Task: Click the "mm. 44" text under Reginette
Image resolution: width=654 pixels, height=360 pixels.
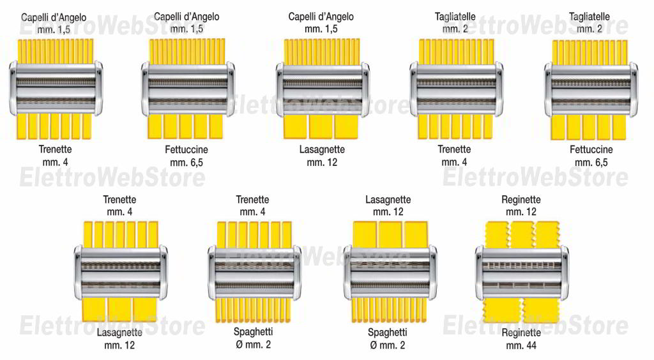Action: pos(521,345)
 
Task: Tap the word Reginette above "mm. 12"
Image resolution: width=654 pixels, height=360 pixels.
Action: pos(521,200)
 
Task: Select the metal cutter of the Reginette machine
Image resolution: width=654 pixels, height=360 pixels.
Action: pos(522,273)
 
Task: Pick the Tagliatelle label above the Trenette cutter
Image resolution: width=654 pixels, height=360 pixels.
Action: pos(455,17)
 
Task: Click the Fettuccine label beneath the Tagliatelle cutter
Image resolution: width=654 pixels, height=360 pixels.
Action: pos(591,149)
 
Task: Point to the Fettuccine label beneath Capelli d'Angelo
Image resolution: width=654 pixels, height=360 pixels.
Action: pos(186,149)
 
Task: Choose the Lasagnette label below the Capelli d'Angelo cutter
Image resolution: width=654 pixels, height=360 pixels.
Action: pos(322,149)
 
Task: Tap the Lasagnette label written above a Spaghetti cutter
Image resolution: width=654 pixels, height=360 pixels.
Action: pos(388,200)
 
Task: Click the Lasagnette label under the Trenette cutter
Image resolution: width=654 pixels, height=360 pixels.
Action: pos(119,333)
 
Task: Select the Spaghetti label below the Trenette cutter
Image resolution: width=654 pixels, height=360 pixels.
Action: pos(253,332)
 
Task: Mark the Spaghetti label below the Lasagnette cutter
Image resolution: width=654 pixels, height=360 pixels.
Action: pos(388,333)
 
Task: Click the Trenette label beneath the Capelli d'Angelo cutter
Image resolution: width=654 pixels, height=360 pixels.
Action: pos(55,149)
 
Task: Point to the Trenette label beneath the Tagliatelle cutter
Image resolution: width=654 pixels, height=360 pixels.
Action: pos(454,149)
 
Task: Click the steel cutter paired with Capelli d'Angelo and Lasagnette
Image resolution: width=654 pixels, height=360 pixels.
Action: pos(323,89)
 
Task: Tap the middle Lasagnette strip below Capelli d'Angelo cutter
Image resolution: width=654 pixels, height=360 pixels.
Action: pos(321,126)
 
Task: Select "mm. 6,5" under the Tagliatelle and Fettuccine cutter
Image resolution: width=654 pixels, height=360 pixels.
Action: pos(591,163)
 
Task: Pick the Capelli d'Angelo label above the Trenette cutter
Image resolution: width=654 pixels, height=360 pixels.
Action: pos(54,17)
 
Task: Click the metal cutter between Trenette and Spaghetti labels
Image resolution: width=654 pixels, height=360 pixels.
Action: pos(254,273)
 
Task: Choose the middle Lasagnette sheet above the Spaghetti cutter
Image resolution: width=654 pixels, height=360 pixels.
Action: pos(390,235)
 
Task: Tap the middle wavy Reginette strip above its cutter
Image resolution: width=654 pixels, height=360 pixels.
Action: pos(522,235)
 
